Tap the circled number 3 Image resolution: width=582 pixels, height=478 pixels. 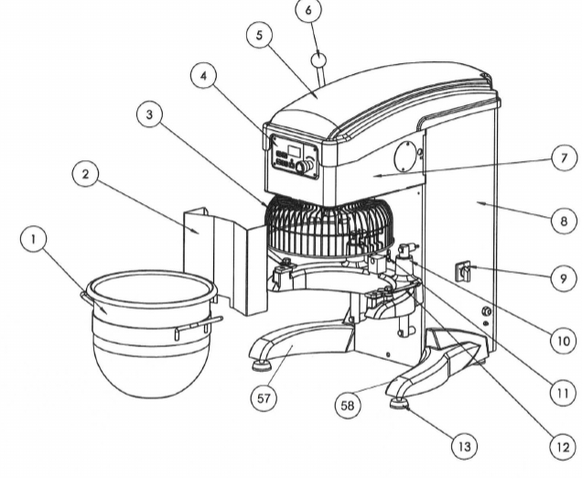click(x=148, y=114)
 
